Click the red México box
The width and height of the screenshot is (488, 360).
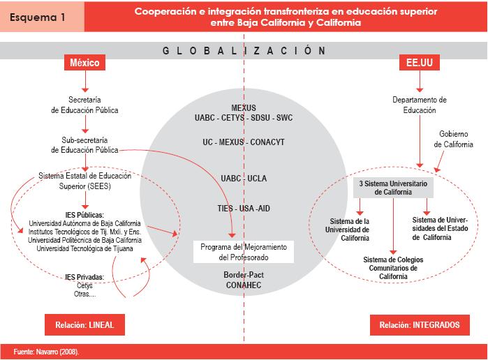pyautogui.click(x=85, y=63)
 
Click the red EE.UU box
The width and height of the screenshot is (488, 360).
pyautogui.click(x=418, y=63)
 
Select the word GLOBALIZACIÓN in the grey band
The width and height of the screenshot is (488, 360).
pyautogui.click(x=244, y=50)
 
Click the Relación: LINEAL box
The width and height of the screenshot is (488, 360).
pyautogui.click(x=84, y=324)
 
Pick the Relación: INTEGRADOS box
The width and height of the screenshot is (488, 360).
pyautogui.click(x=419, y=324)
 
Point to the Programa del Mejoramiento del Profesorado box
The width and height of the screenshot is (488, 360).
pyautogui.click(x=244, y=252)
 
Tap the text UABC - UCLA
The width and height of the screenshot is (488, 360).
pyautogui.click(x=244, y=178)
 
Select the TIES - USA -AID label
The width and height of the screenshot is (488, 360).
pyautogui.click(x=244, y=208)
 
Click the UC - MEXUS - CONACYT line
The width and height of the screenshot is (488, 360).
pyautogui.click(x=244, y=142)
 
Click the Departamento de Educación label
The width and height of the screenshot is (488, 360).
pyautogui.click(x=419, y=105)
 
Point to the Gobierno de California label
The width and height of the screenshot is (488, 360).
pyautogui.click(x=454, y=139)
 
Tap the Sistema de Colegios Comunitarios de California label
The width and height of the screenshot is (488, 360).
pyautogui.click(x=393, y=267)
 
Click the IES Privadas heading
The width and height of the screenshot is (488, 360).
pyautogui.click(x=84, y=277)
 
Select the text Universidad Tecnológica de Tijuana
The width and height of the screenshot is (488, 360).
pyautogui.click(x=84, y=248)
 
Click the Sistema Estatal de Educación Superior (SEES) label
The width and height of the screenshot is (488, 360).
pyautogui.click(x=84, y=181)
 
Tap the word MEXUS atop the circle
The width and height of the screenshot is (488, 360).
pyautogui.click(x=244, y=108)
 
